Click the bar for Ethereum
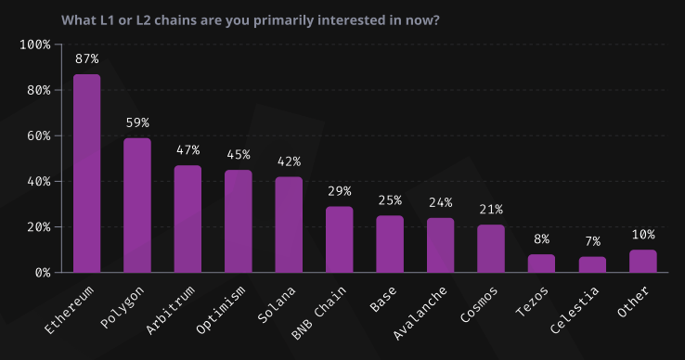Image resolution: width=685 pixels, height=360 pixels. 86,174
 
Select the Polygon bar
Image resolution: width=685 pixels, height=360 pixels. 137,205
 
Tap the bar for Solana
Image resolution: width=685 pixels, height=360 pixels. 289,225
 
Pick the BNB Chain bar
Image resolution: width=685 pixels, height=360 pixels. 340,239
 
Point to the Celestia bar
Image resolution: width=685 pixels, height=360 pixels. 592,264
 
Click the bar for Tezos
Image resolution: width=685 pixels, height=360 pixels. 541,264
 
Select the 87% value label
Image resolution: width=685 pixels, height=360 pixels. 86,58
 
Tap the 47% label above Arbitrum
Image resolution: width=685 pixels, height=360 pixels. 187,149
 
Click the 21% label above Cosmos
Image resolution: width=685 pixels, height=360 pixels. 491,209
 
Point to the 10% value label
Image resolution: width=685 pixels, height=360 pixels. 642,234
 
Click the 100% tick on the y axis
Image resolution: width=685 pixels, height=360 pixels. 34,45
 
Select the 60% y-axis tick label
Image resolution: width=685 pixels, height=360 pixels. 38,135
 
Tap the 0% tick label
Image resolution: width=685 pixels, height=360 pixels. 42,273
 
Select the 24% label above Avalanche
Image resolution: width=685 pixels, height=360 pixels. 441,202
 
